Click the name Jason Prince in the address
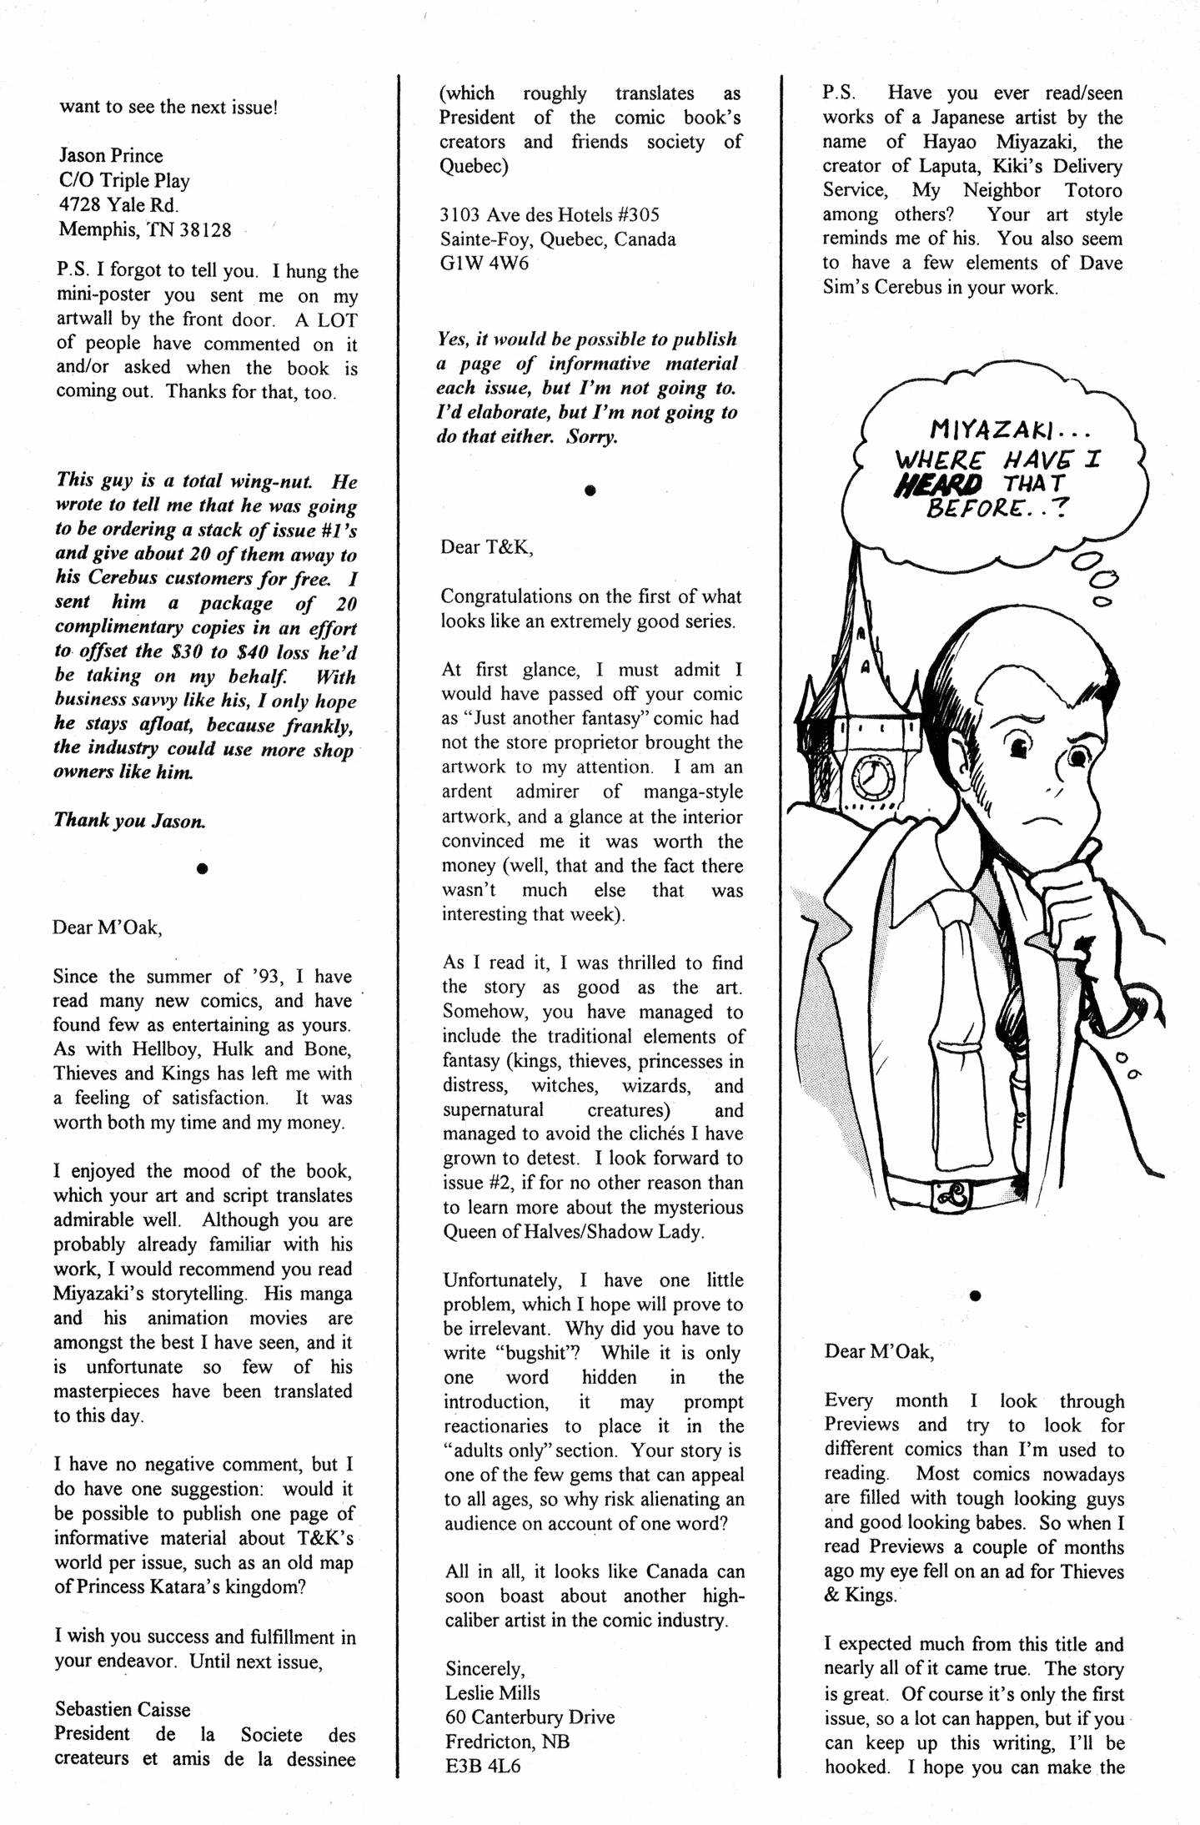pos(111,156)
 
